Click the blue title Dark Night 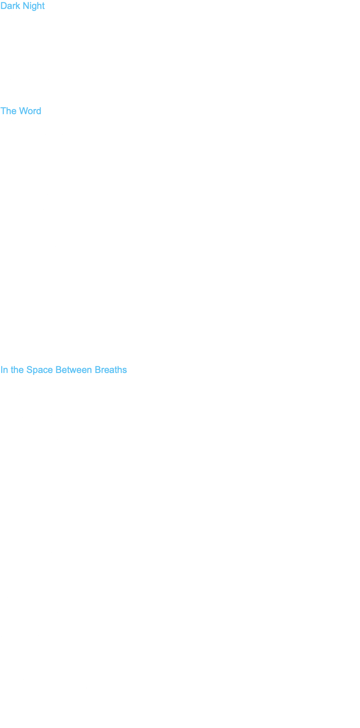pyautogui.click(x=22, y=6)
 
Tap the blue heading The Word pyautogui.click(x=21, y=111)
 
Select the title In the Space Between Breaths pyautogui.click(x=63, y=370)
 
